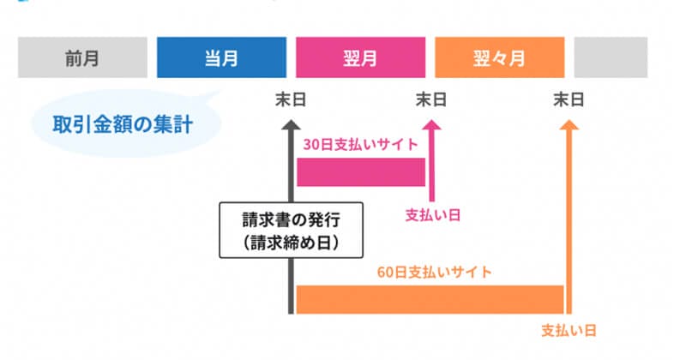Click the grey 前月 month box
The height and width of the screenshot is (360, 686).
(82, 58)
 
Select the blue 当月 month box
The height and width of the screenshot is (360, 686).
(221, 58)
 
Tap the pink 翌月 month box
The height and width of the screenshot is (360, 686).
(360, 58)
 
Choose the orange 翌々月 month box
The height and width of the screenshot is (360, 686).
(499, 58)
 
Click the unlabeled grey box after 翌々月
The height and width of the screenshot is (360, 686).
(611, 58)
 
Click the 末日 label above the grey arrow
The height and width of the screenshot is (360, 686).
(291, 100)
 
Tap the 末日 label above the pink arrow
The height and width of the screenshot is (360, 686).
(431, 100)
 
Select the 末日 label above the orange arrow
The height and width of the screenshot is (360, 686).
(569, 100)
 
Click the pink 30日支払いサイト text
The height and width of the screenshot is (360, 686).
(360, 143)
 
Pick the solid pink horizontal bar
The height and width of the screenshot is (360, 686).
(360, 171)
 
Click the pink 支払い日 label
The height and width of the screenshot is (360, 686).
(433, 214)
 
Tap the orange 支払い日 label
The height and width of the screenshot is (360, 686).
(569, 330)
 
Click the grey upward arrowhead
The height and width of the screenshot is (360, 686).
(291, 126)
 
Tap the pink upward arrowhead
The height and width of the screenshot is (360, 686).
(431, 126)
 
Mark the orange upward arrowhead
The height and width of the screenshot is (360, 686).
(569, 126)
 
